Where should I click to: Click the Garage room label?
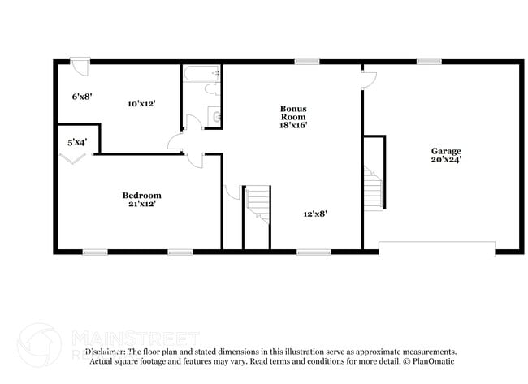tap(446, 151)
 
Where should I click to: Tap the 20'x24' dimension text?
tap(446, 160)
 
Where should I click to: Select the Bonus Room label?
tap(293, 112)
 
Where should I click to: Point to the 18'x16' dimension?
tap(293, 125)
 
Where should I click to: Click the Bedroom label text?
tap(141, 195)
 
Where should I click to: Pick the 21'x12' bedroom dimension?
tap(141, 204)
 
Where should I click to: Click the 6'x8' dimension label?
tap(81, 97)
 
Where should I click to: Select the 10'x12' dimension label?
tap(141, 104)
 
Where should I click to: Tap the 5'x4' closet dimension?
tap(77, 143)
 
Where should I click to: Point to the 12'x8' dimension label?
tap(314, 214)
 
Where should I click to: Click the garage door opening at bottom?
tap(437, 248)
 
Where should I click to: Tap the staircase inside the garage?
tap(373, 188)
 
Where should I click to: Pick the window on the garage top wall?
tap(429, 61)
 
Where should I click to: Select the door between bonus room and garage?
tap(369, 78)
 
